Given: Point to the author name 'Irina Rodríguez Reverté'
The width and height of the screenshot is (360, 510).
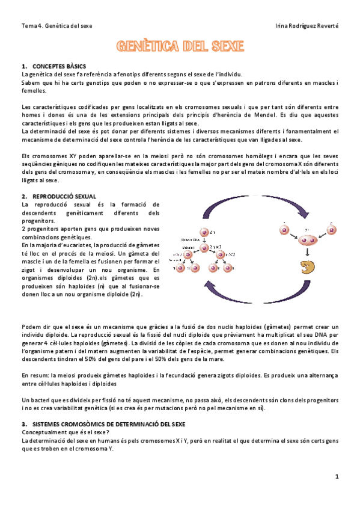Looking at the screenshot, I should (306, 26).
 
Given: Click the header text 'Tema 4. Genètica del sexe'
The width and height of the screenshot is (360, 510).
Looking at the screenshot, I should (56, 26).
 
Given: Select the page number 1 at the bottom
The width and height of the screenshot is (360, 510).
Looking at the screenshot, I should (337, 477).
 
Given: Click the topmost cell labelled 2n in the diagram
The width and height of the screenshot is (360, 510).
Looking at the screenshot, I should (204, 232).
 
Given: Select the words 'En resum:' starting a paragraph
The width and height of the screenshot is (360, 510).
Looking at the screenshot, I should (34, 374).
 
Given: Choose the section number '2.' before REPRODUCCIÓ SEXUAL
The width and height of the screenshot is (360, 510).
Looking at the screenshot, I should (24, 197).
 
